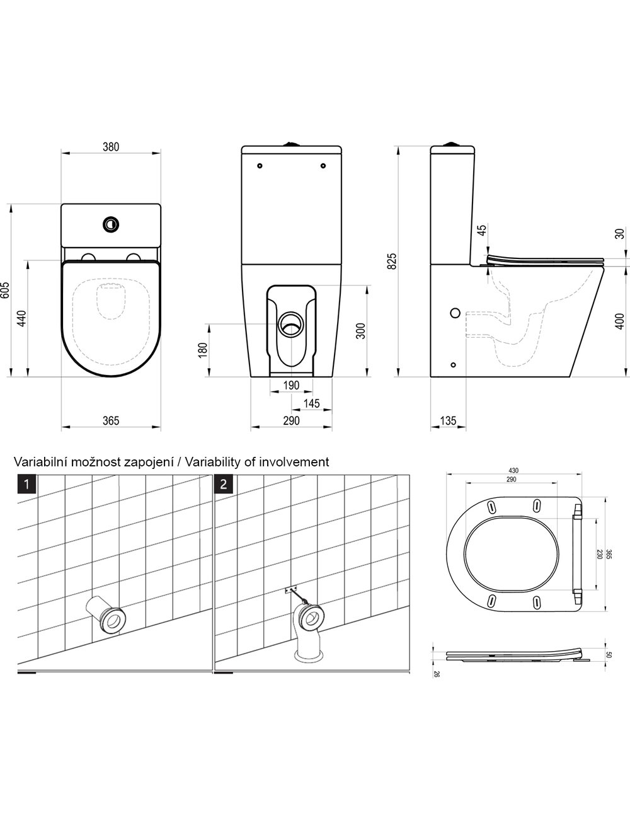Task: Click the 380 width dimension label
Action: (x=111, y=147)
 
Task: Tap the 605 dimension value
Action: (x=4, y=290)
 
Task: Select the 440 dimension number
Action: (x=22, y=318)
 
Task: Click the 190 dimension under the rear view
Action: (x=291, y=385)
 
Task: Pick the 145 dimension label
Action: (x=311, y=403)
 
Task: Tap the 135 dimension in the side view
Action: (x=448, y=420)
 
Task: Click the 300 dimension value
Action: (x=360, y=331)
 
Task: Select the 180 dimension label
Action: (x=202, y=350)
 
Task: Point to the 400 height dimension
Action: (x=619, y=321)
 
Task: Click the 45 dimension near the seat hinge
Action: (x=482, y=229)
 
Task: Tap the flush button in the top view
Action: (x=112, y=224)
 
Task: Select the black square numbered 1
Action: (x=26, y=484)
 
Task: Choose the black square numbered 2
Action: (x=224, y=484)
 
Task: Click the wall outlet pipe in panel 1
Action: (x=106, y=614)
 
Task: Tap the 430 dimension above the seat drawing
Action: (x=513, y=471)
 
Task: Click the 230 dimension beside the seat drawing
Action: (x=599, y=554)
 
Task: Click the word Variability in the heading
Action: (x=213, y=462)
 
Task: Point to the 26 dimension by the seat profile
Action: (x=436, y=674)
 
